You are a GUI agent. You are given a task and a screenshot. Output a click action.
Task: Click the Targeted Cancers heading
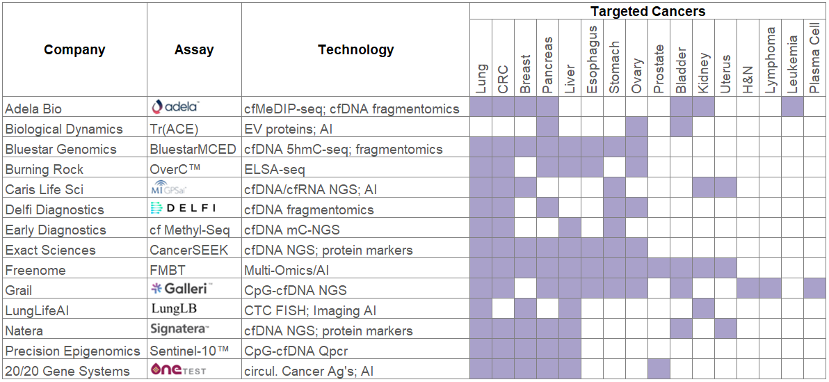coord(647,11)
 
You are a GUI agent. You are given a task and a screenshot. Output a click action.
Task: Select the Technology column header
coord(355,49)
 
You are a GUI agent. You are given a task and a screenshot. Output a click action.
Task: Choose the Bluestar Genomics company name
coord(51,149)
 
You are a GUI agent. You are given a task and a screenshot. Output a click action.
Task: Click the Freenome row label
coord(35,270)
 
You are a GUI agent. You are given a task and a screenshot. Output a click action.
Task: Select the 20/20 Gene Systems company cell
coord(67,371)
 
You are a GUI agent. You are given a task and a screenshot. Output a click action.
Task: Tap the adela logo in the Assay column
coord(176,106)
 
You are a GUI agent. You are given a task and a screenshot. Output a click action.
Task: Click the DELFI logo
coord(183,208)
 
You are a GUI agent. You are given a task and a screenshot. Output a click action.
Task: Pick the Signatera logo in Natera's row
coord(179,329)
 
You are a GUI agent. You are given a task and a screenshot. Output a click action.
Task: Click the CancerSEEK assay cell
coord(188,250)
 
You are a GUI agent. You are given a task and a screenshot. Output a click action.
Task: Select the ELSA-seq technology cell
coord(274,169)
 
